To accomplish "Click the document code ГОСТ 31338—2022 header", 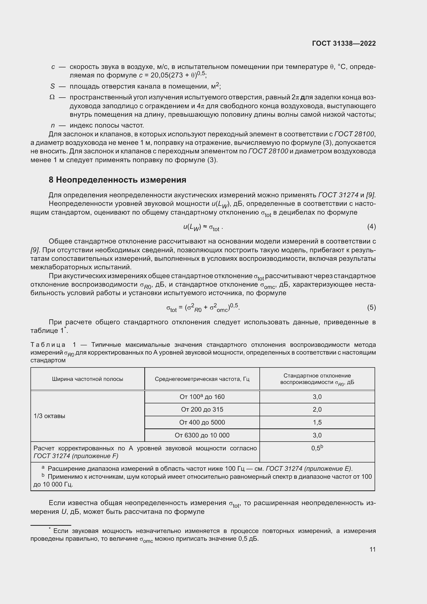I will (x=344, y=43).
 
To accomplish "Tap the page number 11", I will (x=372, y=549).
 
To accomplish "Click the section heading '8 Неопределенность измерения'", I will (x=117, y=180).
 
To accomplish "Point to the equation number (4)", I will (x=371, y=226).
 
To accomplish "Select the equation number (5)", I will (x=371, y=307).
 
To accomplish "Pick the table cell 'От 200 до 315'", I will (x=202, y=409).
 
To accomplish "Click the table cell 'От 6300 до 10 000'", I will (x=202, y=435).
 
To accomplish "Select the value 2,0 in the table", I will (x=317, y=409).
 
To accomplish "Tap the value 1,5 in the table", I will (x=317, y=422).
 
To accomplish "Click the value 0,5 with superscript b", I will (x=317, y=448).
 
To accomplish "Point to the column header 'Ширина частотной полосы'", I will (x=87, y=379).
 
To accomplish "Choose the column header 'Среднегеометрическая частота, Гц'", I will (x=202, y=379).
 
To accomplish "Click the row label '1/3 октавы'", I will (x=49, y=416).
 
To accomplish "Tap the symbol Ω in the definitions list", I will (x=52, y=97).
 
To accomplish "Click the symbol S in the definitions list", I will (x=52, y=86).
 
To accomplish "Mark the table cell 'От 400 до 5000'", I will (x=202, y=422).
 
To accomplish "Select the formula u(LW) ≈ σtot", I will (x=203, y=227).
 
